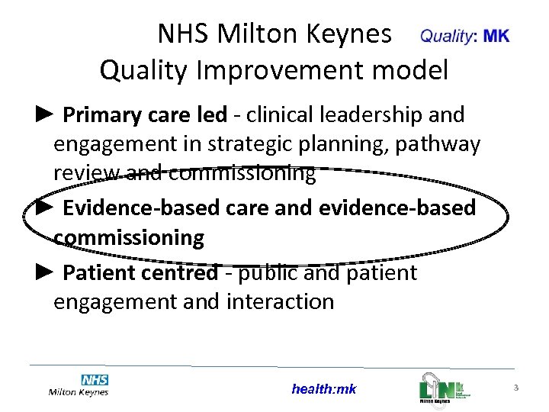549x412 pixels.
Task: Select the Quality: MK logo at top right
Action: (x=464, y=36)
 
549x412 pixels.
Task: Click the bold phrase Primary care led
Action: (x=145, y=115)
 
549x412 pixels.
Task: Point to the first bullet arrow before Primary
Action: (x=45, y=114)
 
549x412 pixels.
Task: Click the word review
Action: (x=85, y=173)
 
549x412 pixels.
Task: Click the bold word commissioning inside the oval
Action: (x=129, y=237)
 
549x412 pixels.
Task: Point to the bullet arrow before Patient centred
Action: (x=45, y=272)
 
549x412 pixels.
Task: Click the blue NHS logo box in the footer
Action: (x=95, y=379)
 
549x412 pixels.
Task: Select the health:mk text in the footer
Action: (x=323, y=389)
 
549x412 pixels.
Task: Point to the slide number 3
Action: (x=516, y=388)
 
